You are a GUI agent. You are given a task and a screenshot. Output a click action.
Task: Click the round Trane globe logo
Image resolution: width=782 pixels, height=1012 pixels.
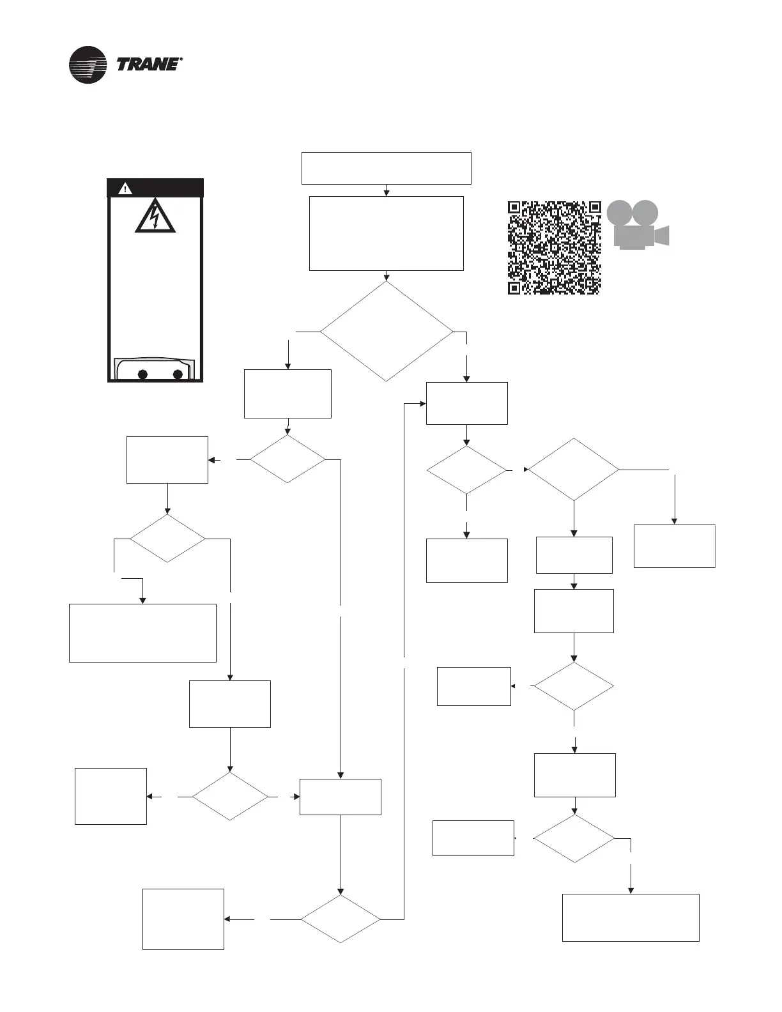click(x=88, y=65)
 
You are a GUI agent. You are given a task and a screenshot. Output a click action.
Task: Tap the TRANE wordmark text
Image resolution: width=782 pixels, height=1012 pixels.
click(x=147, y=65)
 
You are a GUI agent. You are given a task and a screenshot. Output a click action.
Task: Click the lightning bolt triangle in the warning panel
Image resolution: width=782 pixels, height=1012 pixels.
click(x=155, y=217)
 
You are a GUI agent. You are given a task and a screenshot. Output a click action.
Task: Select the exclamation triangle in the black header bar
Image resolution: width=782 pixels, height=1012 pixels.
click(x=125, y=188)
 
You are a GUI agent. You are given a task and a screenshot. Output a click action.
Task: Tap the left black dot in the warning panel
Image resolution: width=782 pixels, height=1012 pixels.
click(x=142, y=374)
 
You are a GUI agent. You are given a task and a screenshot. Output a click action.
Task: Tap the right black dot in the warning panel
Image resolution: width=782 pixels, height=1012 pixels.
click(x=178, y=374)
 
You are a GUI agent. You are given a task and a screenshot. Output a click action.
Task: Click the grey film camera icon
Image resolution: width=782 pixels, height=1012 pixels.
click(x=636, y=225)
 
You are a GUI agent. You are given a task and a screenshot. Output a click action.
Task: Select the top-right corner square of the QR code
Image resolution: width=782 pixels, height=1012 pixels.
click(x=594, y=208)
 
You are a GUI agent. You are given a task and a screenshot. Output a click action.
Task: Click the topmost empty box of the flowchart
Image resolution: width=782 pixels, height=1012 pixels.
click(x=386, y=168)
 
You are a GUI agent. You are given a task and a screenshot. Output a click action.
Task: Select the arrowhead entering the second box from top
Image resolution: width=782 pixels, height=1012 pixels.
click(x=386, y=193)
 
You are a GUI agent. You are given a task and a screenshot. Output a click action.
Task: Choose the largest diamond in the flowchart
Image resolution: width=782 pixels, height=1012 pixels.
click(x=386, y=332)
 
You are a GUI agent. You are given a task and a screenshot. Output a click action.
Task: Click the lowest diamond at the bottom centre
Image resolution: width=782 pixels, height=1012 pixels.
click(x=340, y=919)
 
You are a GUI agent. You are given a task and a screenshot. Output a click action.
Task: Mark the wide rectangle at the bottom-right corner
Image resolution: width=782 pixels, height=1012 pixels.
click(x=631, y=917)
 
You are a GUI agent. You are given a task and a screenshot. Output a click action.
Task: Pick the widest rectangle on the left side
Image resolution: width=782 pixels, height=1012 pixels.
click(x=142, y=632)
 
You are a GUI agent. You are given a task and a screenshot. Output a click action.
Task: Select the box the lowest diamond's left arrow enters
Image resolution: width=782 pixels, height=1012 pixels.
click(x=183, y=919)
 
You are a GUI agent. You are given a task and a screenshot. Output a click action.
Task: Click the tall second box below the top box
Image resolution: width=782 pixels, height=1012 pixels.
click(x=386, y=233)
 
